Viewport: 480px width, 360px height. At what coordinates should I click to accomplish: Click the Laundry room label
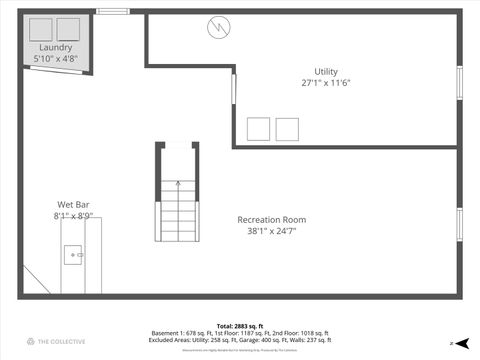point(56,48)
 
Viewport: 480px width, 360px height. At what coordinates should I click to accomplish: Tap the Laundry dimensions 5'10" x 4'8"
point(56,59)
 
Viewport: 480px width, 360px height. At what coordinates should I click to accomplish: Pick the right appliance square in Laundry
point(69,28)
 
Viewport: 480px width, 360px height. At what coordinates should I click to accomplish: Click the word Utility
point(326,72)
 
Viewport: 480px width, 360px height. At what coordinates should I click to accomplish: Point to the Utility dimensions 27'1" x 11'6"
point(326,83)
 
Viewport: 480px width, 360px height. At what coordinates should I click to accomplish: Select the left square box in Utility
point(258,129)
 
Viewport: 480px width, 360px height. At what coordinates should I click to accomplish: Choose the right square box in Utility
point(287,129)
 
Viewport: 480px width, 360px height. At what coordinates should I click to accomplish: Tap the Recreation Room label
point(271,220)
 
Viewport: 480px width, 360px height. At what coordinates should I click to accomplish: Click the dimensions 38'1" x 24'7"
point(271,231)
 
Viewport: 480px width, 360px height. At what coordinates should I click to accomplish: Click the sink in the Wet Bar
point(74,256)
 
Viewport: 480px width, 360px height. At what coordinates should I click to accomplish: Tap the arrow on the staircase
point(177,184)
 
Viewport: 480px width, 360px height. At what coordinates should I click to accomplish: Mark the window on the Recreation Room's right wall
point(460,225)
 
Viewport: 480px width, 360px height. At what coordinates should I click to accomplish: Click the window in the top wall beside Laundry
point(113,11)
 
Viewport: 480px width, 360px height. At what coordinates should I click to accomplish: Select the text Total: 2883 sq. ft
point(239,326)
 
